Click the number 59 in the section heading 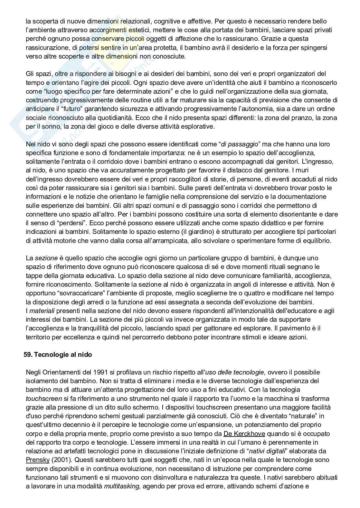pos(27,355)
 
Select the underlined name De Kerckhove pos(244,434)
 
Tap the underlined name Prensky pos(38,460)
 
